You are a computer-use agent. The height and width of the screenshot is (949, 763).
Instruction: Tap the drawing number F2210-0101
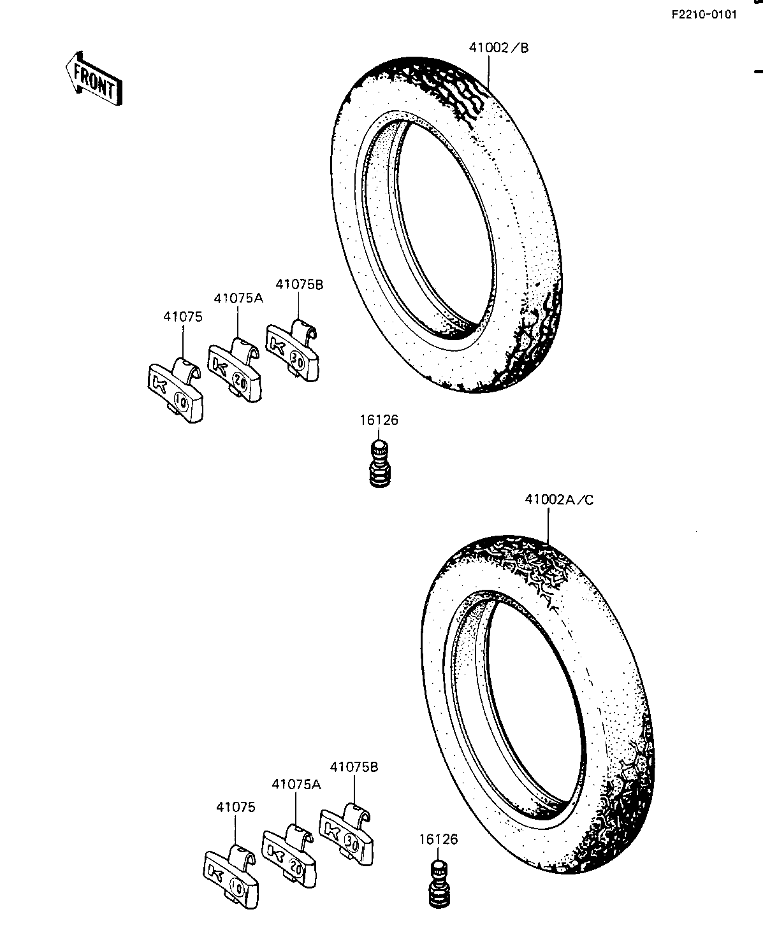coord(704,15)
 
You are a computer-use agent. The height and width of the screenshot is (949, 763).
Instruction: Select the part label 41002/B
coord(498,48)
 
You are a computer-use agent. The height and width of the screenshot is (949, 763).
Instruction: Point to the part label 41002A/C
coord(559,499)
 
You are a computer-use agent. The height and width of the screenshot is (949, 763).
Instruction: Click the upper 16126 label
coord(379,420)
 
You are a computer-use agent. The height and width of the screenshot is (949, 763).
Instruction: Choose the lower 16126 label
coord(438,839)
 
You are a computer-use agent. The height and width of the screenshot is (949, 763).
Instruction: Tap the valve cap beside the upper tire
coord(380,464)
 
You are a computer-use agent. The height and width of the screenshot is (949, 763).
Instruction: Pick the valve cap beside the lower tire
coord(440,883)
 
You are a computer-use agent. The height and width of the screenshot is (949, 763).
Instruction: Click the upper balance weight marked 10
coord(176,390)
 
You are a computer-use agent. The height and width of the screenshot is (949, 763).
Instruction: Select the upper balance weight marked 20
coord(235,369)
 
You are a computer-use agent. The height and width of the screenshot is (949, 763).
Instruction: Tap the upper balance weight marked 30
coord(292,351)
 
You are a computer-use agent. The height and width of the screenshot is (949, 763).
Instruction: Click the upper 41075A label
coord(238,299)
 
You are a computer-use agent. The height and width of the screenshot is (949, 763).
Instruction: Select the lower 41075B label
coord(354,767)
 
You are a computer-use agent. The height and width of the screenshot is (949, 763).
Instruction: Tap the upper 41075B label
coord(299,285)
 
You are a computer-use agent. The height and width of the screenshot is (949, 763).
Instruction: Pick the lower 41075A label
coord(296,785)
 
